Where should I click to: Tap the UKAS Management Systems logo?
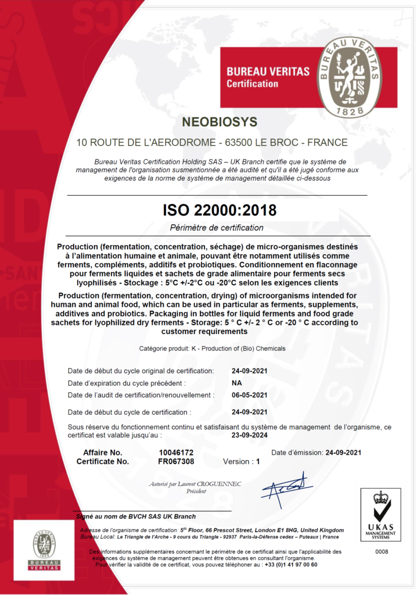[x=381, y=514]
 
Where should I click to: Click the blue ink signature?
[x=284, y=487]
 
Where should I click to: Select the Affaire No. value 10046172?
[x=176, y=452]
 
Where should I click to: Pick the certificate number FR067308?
[x=176, y=461]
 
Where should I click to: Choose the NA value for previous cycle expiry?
[x=236, y=383]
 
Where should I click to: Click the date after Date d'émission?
[x=343, y=452]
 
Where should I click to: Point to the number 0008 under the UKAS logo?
[x=381, y=551]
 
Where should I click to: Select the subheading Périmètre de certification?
[x=217, y=227]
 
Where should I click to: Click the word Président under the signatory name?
[x=196, y=491]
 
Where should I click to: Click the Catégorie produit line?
[x=212, y=348]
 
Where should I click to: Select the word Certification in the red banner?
[x=252, y=84]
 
